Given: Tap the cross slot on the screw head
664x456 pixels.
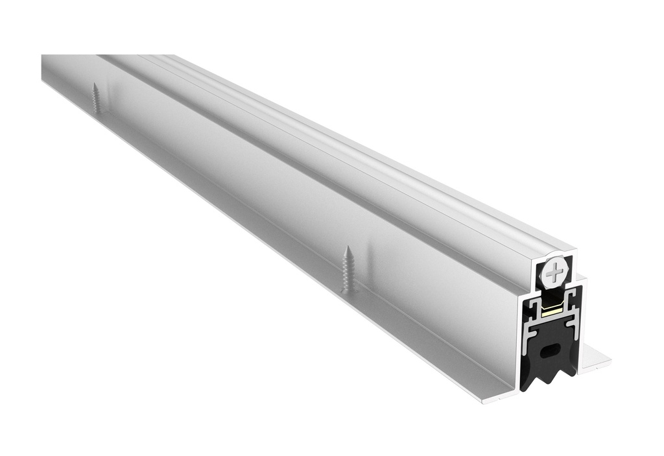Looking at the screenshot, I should pos(554,274).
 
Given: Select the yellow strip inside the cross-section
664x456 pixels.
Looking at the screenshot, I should pos(552,311).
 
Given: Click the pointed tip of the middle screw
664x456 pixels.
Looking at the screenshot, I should pos(348,248).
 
